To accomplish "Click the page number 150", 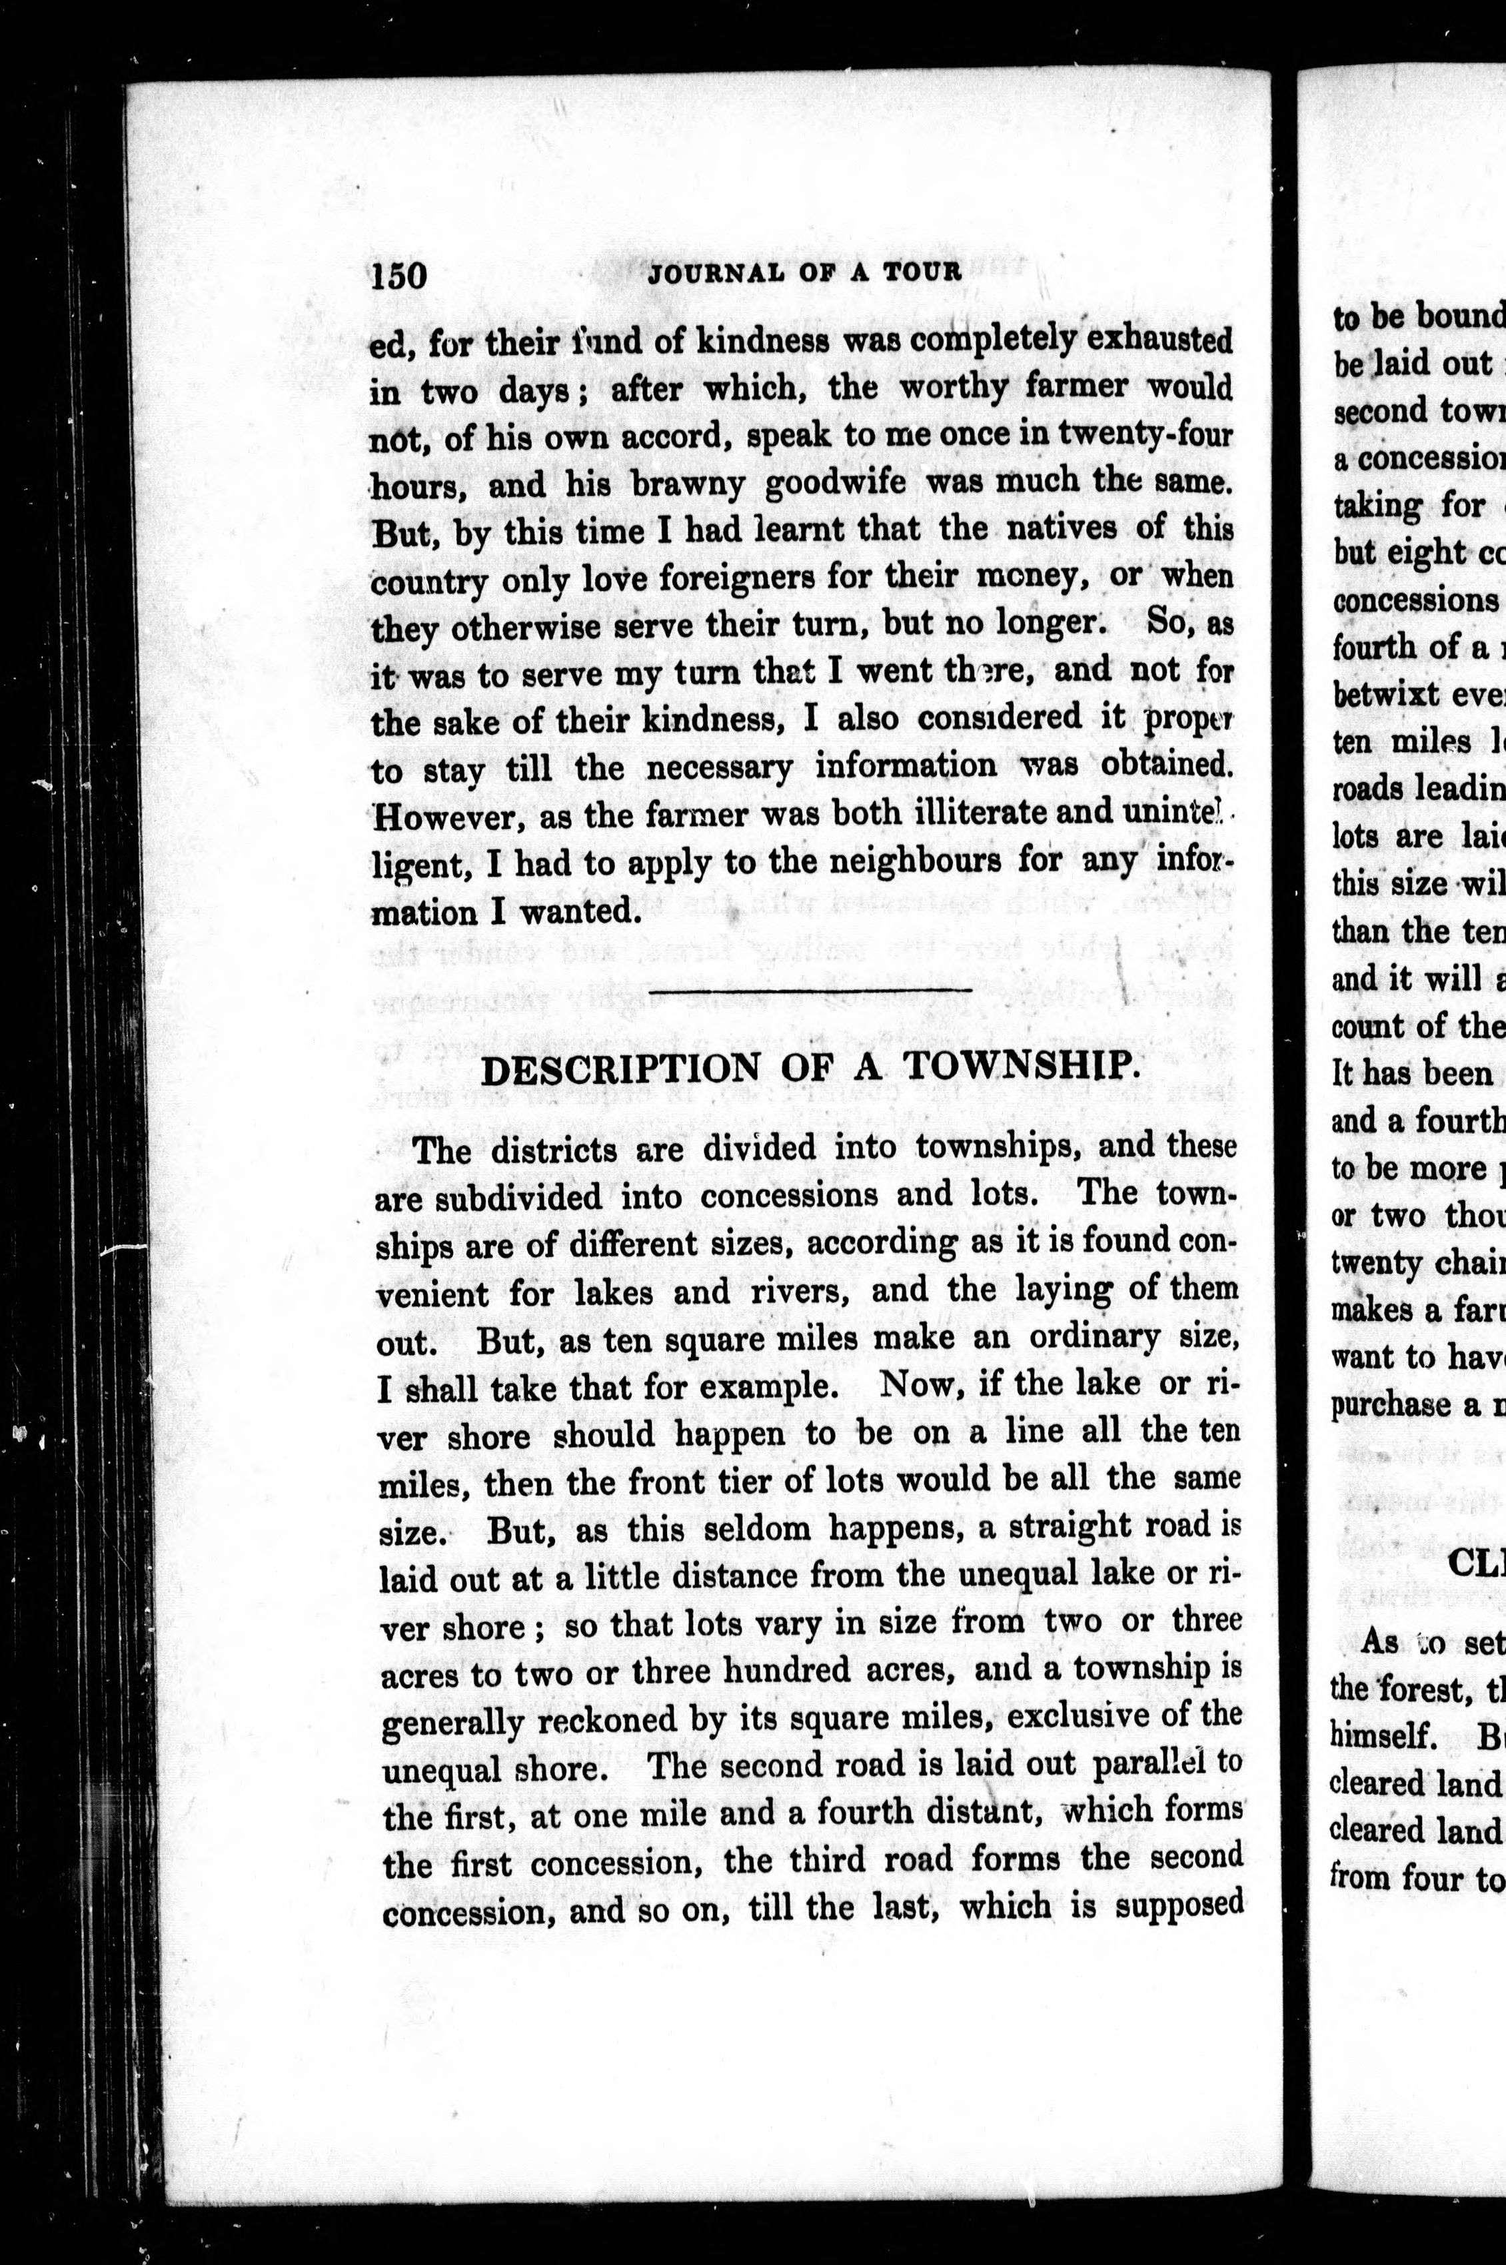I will point(398,276).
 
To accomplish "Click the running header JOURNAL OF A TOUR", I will point(805,272).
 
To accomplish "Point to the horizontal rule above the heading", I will point(812,990).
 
